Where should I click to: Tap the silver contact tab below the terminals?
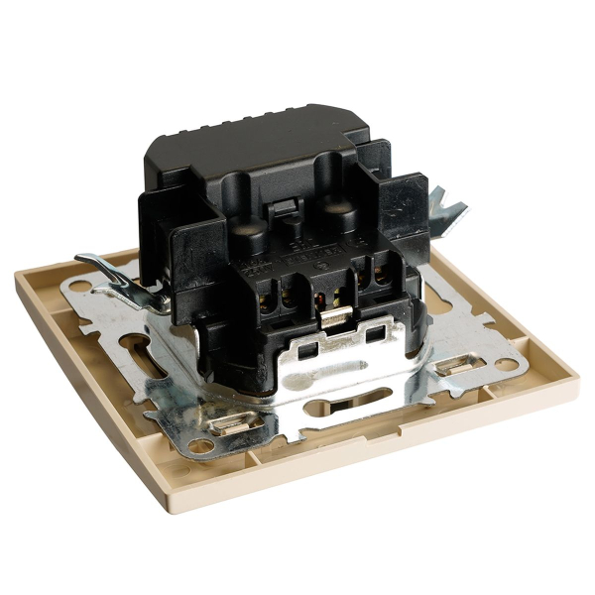[x=334, y=319]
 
